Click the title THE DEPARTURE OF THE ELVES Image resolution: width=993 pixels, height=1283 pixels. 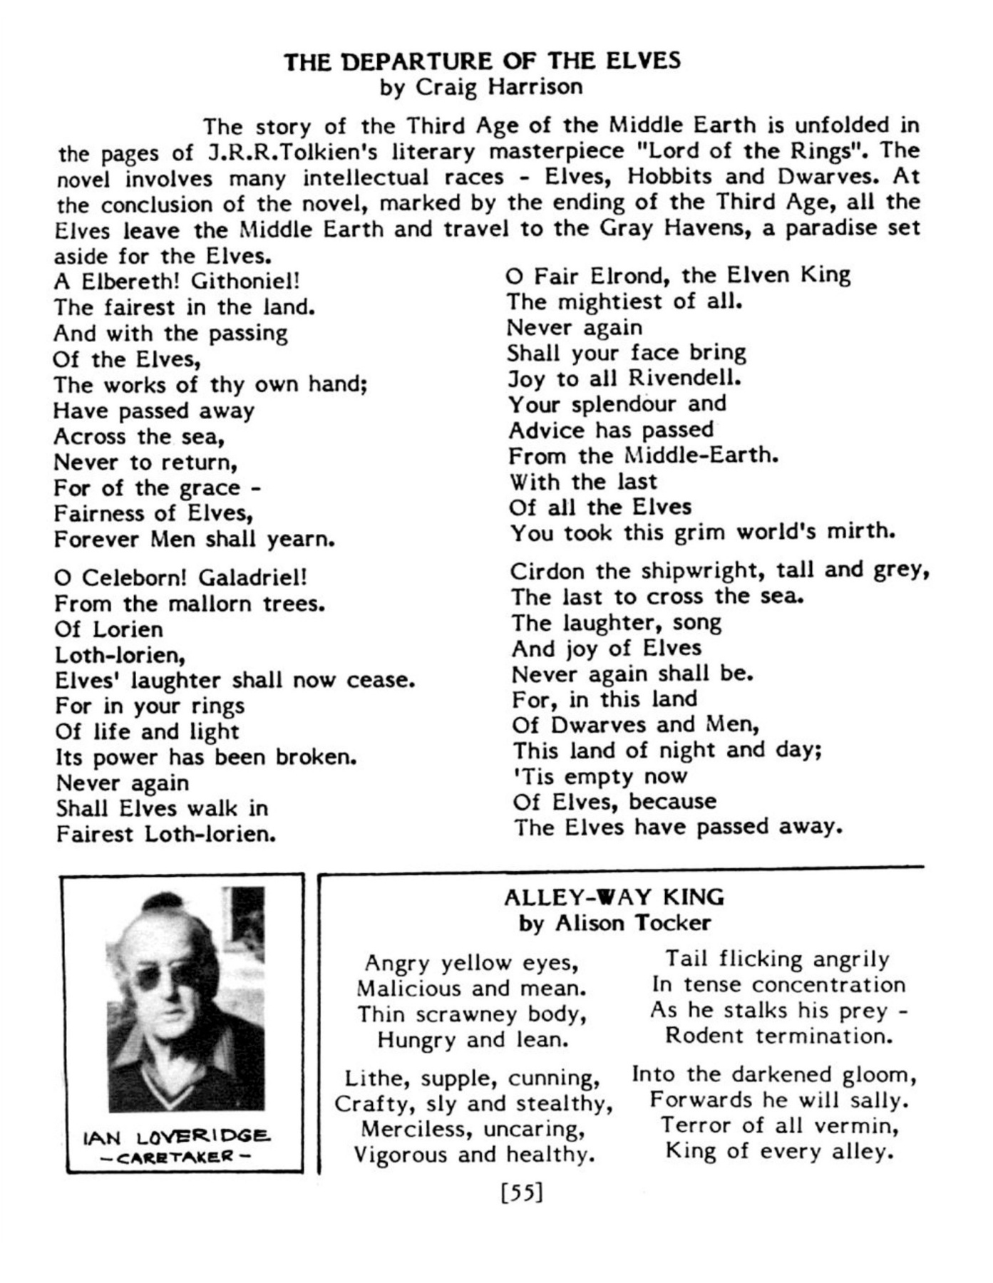tap(483, 61)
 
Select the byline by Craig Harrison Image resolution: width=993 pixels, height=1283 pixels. tap(481, 88)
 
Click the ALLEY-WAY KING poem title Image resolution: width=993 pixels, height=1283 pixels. tap(614, 897)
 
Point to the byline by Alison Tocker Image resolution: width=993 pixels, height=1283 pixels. tap(614, 923)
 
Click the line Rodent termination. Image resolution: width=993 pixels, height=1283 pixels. tap(778, 1036)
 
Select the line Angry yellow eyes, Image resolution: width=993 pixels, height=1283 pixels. tap(471, 963)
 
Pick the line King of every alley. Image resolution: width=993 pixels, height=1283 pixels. tap(779, 1151)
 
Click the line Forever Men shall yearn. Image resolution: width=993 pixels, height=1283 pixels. tap(194, 540)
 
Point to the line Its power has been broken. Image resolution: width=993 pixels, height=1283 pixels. tap(206, 757)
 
